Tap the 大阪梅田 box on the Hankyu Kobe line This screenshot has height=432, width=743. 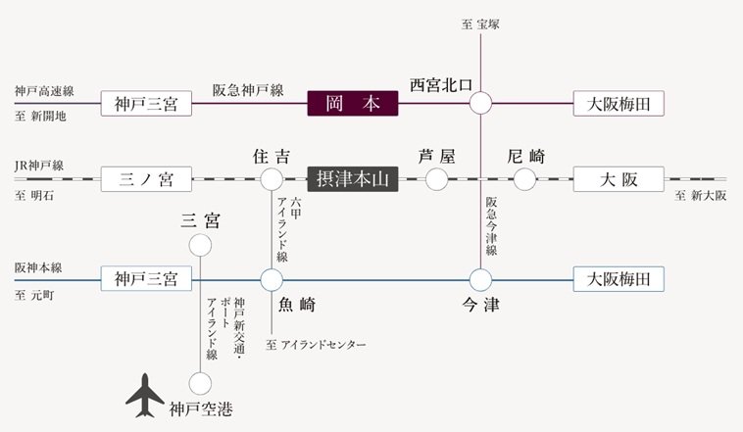pyautogui.click(x=619, y=103)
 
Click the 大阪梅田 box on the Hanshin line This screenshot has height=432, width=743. pyautogui.click(x=619, y=279)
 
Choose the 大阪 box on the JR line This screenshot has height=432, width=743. pyautogui.click(x=619, y=179)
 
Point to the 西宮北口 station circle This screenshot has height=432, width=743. pyautogui.click(x=481, y=102)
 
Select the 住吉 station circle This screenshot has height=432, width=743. pyautogui.click(x=272, y=179)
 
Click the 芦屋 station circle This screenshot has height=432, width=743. pyautogui.click(x=437, y=179)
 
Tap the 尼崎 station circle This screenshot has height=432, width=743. pyautogui.click(x=526, y=179)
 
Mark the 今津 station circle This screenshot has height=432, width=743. pyautogui.click(x=480, y=279)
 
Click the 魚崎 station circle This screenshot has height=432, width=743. pyautogui.click(x=272, y=279)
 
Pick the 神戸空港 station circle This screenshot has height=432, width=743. pyautogui.click(x=201, y=383)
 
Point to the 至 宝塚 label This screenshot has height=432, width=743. pyautogui.click(x=480, y=24)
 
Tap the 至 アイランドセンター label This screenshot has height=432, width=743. pyautogui.click(x=316, y=345)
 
